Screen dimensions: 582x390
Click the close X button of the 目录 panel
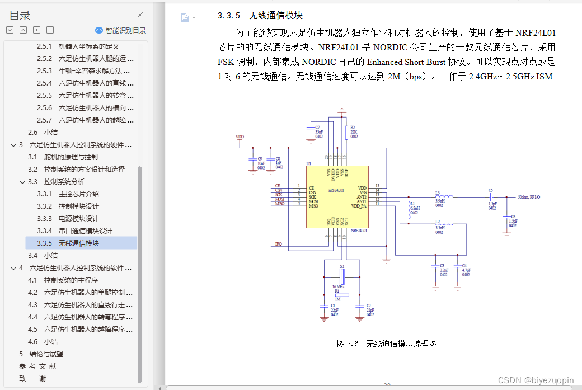point(140,15)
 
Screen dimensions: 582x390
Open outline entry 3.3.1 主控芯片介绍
point(78,194)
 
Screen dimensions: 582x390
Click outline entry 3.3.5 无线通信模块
point(78,243)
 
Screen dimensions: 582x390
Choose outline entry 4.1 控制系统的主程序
point(71,280)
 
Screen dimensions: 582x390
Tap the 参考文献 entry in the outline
point(37,366)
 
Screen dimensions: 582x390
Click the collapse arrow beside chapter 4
point(13,267)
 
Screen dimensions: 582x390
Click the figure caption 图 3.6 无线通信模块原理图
point(387,344)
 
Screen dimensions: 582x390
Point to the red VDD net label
point(240,137)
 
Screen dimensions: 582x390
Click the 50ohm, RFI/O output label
point(529,197)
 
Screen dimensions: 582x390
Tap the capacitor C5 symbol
point(491,197)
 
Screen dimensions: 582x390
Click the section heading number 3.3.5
point(229,16)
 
